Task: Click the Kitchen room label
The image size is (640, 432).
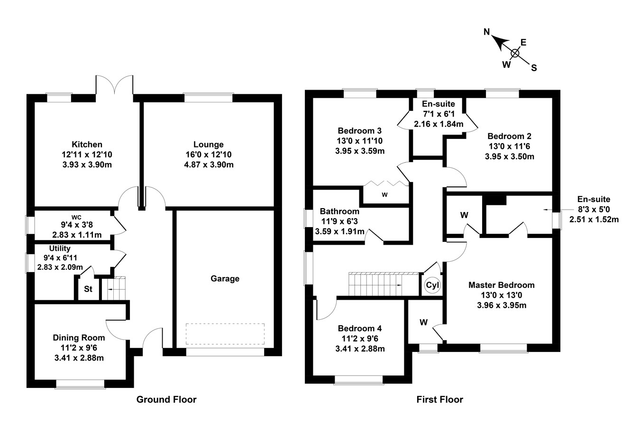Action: [87, 145]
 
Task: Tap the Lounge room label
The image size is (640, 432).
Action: [208, 145]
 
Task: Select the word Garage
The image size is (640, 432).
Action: [225, 279]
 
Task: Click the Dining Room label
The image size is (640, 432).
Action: [79, 338]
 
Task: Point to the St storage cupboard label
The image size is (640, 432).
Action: [88, 289]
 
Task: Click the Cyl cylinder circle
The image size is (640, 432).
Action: [432, 285]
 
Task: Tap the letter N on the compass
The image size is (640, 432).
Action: [486, 32]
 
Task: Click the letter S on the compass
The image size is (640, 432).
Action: [534, 68]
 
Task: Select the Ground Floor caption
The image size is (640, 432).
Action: [166, 399]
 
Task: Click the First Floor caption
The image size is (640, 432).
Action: [439, 399]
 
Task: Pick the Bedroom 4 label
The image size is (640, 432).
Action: [360, 328]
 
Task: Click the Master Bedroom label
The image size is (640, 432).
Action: [501, 285]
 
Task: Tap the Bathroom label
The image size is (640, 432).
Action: [339, 211]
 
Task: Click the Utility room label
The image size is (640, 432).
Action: [60, 248]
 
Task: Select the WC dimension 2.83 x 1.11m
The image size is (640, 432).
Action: [77, 235]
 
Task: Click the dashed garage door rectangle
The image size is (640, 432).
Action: [225, 334]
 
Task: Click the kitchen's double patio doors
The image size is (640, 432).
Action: [115, 85]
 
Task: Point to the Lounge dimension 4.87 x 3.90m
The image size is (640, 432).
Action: [209, 165]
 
